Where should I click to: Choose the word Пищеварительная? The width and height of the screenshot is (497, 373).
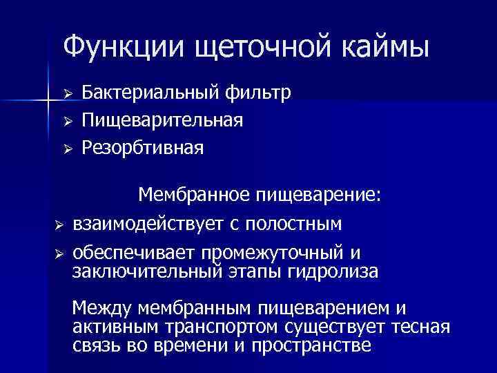(162, 120)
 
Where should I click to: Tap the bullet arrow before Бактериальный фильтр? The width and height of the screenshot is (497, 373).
(68, 93)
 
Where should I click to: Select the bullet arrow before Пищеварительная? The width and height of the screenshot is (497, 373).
(68, 121)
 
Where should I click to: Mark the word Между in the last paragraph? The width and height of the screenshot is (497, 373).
(103, 307)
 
